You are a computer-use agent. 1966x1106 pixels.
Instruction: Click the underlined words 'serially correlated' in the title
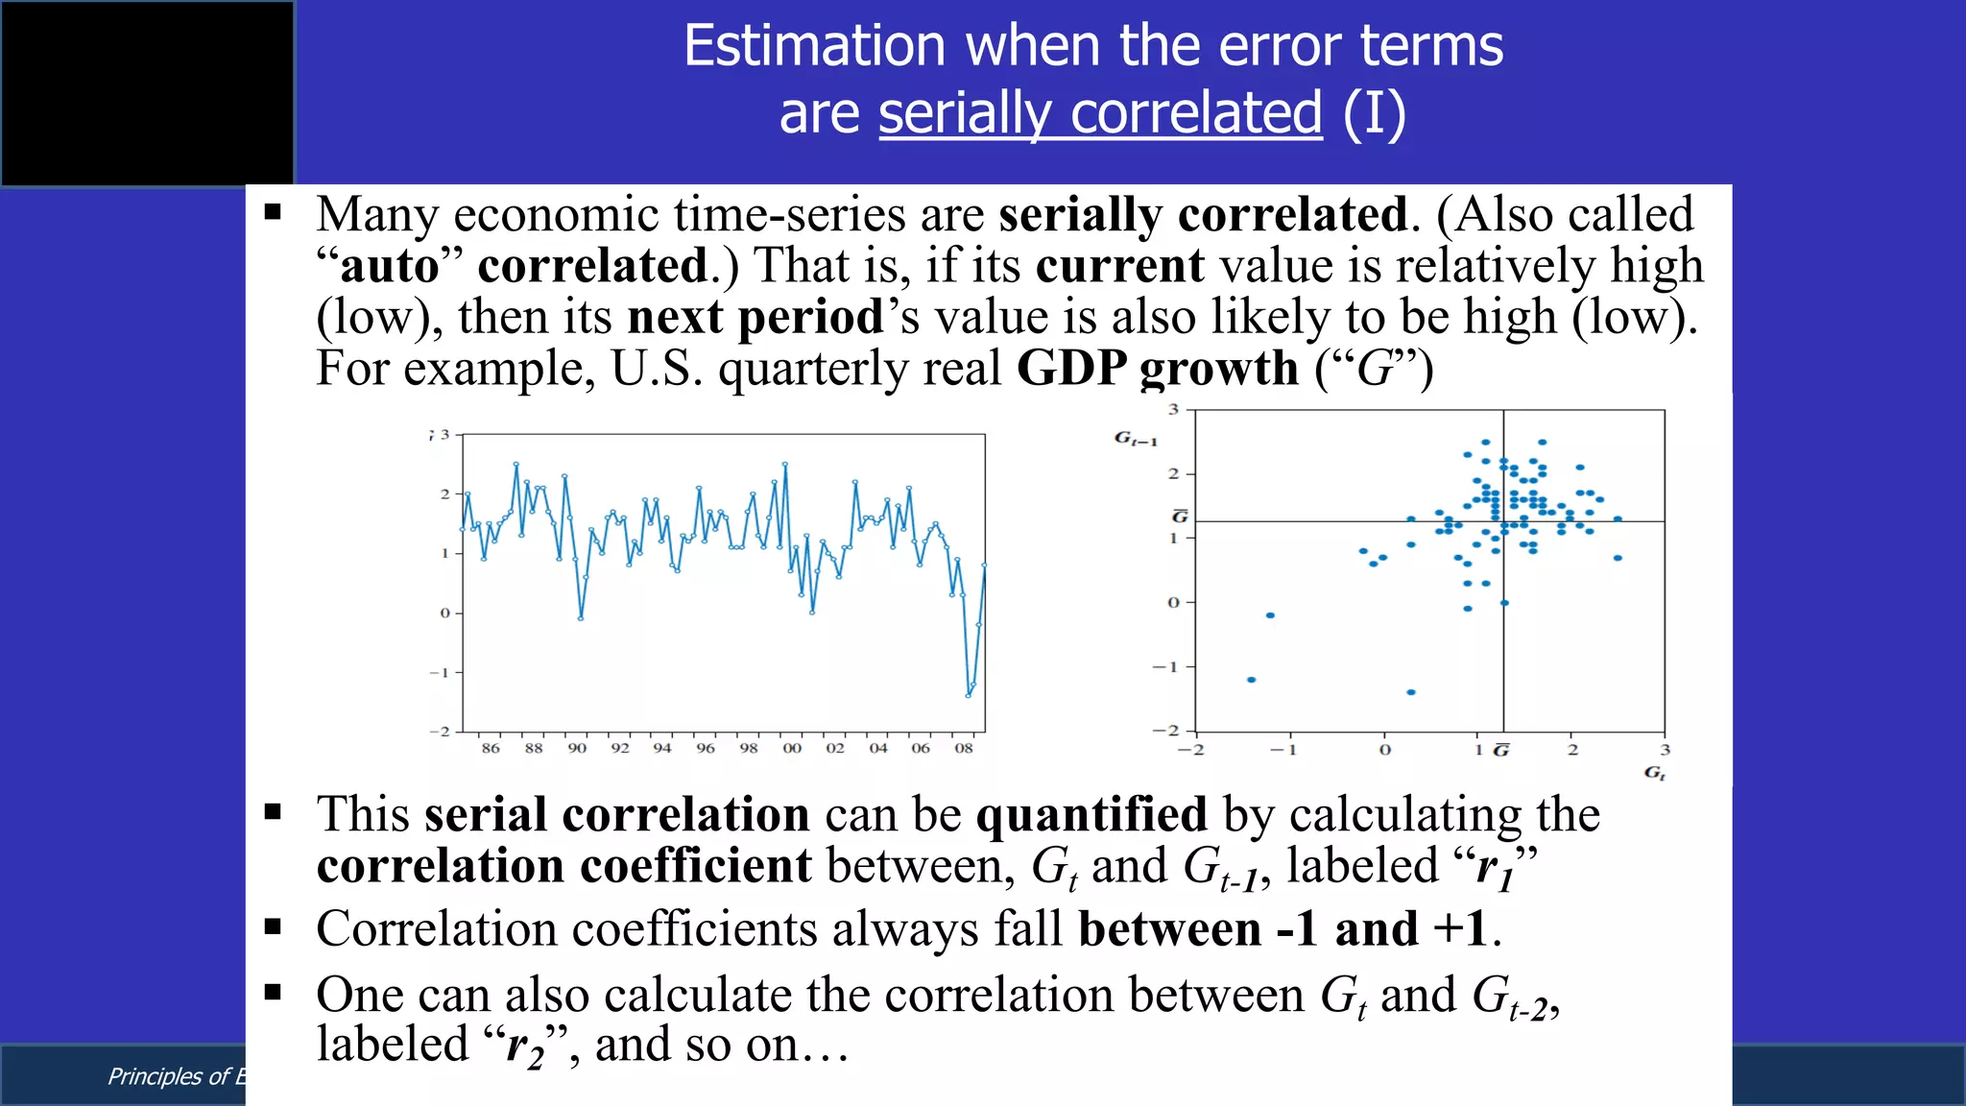point(1100,113)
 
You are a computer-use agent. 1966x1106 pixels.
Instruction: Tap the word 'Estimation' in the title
point(814,46)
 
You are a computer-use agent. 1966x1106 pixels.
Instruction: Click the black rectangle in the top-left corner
point(147,92)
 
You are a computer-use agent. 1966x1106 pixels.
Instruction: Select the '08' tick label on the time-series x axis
point(963,748)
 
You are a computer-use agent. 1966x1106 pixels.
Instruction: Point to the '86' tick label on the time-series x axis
point(491,748)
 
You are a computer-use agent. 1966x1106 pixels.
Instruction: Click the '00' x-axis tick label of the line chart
point(791,748)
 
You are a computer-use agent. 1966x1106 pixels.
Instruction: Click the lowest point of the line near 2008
point(968,695)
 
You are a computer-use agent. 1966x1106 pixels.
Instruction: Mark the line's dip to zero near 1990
point(581,618)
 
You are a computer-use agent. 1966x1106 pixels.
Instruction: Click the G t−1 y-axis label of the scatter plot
point(1135,439)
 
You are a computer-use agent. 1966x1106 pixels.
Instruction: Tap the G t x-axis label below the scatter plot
point(1654,773)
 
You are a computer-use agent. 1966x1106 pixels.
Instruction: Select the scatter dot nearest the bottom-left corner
point(1251,680)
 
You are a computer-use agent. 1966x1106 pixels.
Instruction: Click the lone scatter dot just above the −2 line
point(1410,692)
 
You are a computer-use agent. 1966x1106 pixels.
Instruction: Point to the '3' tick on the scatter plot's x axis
point(1665,750)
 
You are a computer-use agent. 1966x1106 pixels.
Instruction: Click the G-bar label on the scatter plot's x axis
point(1501,750)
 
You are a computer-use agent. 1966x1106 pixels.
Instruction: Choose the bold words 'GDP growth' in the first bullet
point(1157,369)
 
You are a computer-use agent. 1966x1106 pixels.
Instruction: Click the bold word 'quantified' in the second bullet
point(1091,815)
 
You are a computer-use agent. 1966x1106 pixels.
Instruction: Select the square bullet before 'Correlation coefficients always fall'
point(274,927)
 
